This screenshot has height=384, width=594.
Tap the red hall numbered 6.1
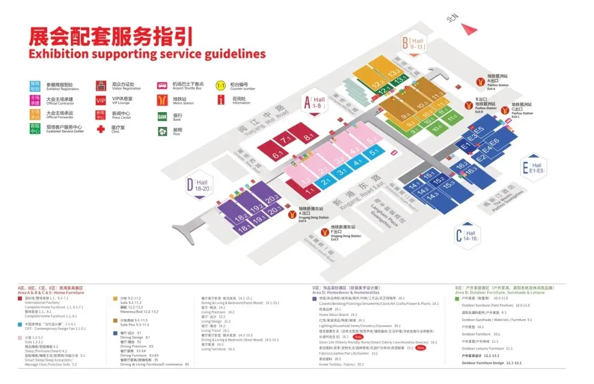pyautogui.click(x=278, y=155)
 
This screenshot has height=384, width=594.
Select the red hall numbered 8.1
pyautogui.click(x=308, y=137)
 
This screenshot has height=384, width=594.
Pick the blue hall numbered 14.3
pyautogui.click(x=432, y=196)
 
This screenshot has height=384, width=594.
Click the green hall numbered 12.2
pyautogui.click(x=378, y=86)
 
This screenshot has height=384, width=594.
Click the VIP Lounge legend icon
pyautogui.click(x=101, y=101)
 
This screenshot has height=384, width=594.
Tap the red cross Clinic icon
pyautogui.click(x=101, y=130)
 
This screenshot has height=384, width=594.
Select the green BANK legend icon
pyautogui.click(x=162, y=116)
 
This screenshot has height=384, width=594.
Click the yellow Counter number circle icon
pyautogui.click(x=221, y=86)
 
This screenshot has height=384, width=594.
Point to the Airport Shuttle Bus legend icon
pyautogui.click(x=162, y=86)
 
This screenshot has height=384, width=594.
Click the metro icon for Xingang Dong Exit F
pyautogui.click(x=325, y=232)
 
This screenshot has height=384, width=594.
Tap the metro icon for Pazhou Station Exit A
pyautogui.click(x=480, y=82)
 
